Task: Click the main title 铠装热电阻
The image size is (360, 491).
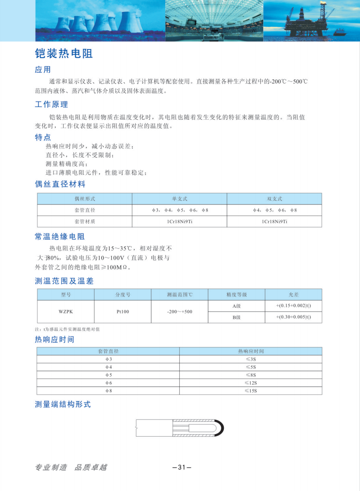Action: (64, 54)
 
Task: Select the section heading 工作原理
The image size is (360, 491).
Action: (51, 104)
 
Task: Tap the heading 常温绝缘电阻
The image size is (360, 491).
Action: (60, 236)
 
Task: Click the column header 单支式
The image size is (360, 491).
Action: (179, 199)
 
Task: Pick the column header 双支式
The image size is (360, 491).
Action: (274, 199)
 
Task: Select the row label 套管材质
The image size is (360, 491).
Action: (85, 222)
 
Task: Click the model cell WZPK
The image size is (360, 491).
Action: (66, 311)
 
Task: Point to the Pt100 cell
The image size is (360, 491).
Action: (123, 311)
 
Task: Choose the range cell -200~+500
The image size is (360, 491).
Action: (179, 311)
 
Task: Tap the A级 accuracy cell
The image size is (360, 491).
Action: (236, 306)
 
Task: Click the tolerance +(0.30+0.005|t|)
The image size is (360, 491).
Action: (293, 317)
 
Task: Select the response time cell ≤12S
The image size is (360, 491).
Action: (251, 383)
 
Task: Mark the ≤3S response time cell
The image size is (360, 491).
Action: (251, 359)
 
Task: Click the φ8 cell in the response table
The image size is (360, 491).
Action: (109, 390)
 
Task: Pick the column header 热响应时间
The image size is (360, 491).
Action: (251, 351)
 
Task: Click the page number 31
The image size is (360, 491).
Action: (182, 467)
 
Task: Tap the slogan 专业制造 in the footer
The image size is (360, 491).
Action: (51, 467)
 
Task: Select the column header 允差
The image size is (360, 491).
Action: (293, 295)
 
